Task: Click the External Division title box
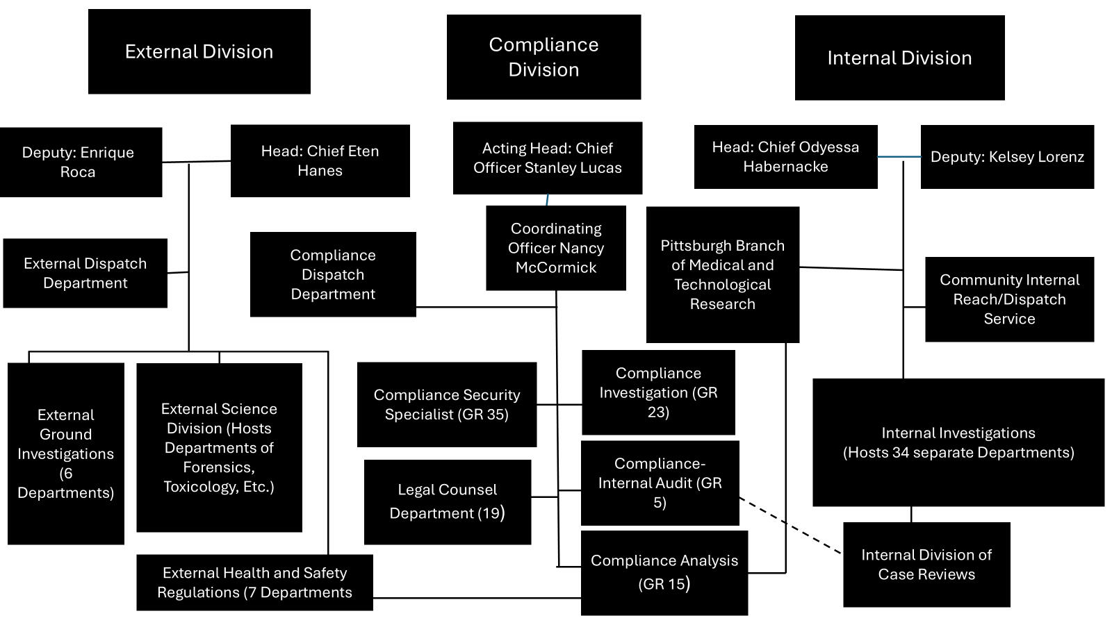199,51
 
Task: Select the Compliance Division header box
543,57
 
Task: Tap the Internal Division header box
899,58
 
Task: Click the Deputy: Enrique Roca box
81,162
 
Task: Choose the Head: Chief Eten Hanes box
320,160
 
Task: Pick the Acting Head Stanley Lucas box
547,158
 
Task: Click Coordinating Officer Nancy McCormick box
555,248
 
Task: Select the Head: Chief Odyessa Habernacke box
785,156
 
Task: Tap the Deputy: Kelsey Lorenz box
1007,157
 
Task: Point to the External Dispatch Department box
85,273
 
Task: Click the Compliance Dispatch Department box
333,274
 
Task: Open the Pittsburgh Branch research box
722,274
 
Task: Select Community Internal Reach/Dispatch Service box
1009,299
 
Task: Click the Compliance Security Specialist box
446,404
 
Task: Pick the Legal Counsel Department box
447,501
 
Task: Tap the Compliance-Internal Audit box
660,483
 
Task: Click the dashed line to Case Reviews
791,525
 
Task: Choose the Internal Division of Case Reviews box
926,565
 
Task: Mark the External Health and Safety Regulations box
254,582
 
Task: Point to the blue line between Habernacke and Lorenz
899,157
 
